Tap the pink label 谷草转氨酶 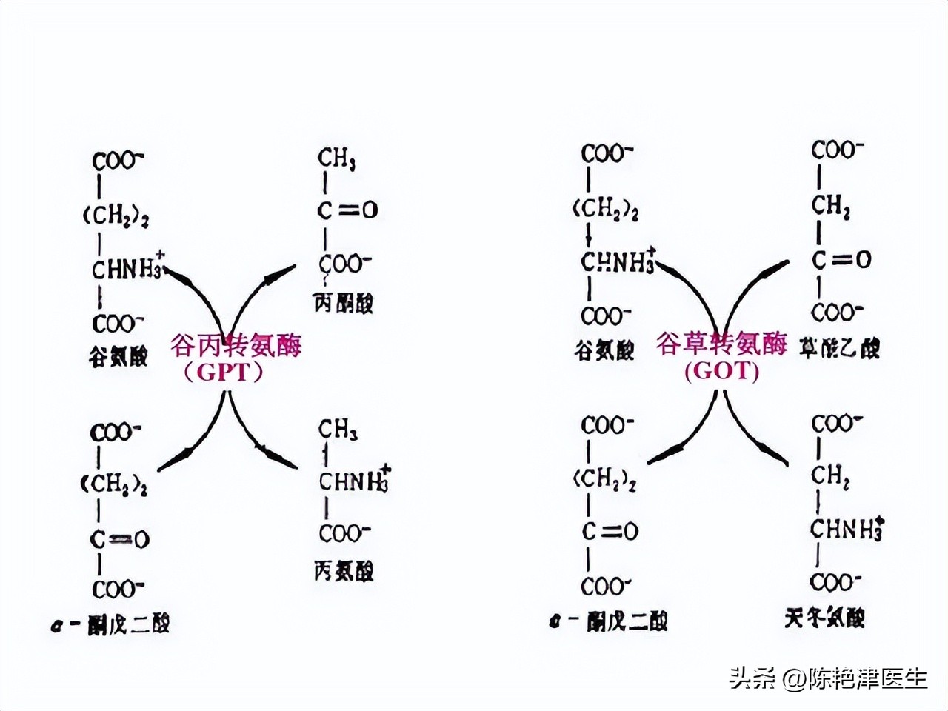(x=721, y=344)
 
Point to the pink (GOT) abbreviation (x=722, y=370)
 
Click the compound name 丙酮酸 (x=344, y=303)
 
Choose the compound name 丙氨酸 (x=344, y=571)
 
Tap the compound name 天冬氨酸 (x=824, y=617)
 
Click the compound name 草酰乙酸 (x=839, y=347)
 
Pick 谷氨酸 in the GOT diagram (x=604, y=350)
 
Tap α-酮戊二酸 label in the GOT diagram (x=607, y=621)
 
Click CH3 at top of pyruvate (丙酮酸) (x=336, y=159)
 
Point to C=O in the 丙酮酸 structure (x=347, y=210)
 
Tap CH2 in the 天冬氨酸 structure (x=829, y=475)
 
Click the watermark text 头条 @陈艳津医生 (x=827, y=678)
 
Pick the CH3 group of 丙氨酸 (x=338, y=429)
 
